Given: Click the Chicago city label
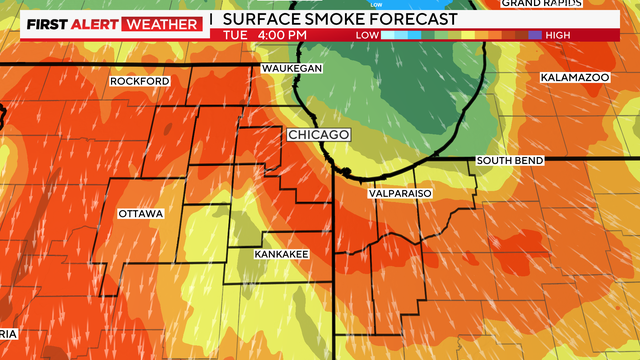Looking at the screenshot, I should click(318, 135).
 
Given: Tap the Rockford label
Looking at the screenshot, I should click(140, 81).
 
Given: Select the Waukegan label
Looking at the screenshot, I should click(292, 67).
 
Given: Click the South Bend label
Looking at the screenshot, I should click(509, 161).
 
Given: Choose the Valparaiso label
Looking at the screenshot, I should click(399, 192).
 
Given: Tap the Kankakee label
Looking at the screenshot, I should click(279, 255).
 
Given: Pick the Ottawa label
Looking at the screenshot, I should click(140, 214).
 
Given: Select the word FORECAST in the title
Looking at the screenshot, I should click(414, 19).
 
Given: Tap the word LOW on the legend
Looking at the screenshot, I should click(367, 36).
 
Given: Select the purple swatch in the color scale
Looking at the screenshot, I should click(535, 36).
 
